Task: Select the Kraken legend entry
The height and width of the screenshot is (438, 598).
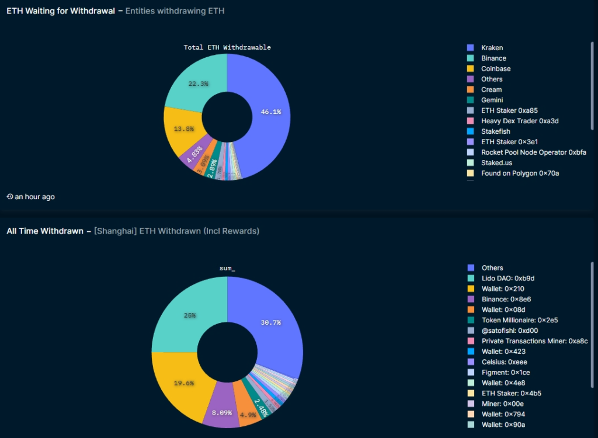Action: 492,48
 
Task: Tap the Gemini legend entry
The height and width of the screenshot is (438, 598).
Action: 492,100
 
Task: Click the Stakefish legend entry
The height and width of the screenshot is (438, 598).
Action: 495,131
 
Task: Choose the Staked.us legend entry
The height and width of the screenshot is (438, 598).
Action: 496,163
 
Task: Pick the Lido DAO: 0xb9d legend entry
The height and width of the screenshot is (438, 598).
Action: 507,279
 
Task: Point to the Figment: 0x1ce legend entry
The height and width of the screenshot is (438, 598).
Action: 506,373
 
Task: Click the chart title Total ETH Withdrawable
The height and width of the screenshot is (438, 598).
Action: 227,47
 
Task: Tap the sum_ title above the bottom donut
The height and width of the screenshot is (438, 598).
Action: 227,268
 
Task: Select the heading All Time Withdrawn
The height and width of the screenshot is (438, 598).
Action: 45,231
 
